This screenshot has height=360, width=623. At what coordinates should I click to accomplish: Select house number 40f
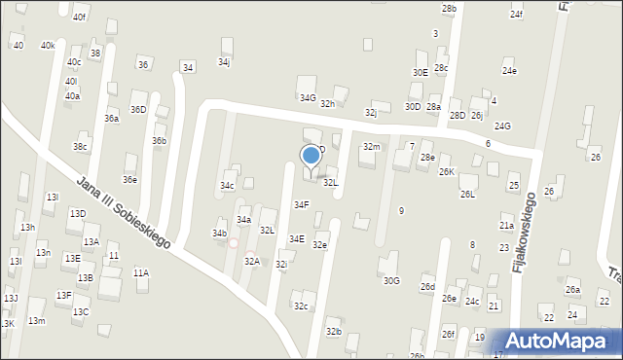[x=79, y=18]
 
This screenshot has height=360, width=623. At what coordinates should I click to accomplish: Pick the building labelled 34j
[x=224, y=61]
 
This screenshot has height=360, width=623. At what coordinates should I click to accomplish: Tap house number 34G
[x=308, y=97]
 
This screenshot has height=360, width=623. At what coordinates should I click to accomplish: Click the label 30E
[x=420, y=72]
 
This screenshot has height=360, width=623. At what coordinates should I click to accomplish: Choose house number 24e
[x=509, y=71]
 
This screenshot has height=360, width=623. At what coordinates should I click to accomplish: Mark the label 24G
[x=502, y=126]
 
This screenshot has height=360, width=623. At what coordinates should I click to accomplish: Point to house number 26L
[x=468, y=194]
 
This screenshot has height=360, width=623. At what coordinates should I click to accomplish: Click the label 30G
[x=391, y=280]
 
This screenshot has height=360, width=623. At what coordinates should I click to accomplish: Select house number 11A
[x=141, y=272]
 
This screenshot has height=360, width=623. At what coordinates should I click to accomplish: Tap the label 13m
[x=36, y=320]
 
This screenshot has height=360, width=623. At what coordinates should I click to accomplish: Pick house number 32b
[x=334, y=332]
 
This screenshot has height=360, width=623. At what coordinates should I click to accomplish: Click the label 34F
[x=302, y=204]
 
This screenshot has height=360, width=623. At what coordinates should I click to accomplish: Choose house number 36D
[x=138, y=109]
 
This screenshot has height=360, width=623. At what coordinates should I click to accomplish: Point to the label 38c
[x=80, y=147]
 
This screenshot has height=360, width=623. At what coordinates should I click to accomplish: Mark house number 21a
[x=506, y=225]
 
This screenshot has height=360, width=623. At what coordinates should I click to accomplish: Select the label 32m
[x=371, y=146]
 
